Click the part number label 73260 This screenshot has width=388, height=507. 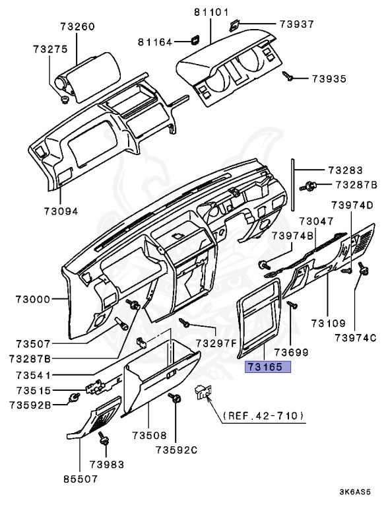tap(78, 27)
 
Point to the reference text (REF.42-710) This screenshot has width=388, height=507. tap(264, 415)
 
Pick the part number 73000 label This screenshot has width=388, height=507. tap(33, 299)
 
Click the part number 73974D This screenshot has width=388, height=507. tap(352, 205)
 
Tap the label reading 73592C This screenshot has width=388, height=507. tap(177, 450)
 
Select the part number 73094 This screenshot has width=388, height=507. tap(61, 211)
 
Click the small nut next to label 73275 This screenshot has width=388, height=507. tap(64, 100)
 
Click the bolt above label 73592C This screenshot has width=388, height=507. tap(176, 398)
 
